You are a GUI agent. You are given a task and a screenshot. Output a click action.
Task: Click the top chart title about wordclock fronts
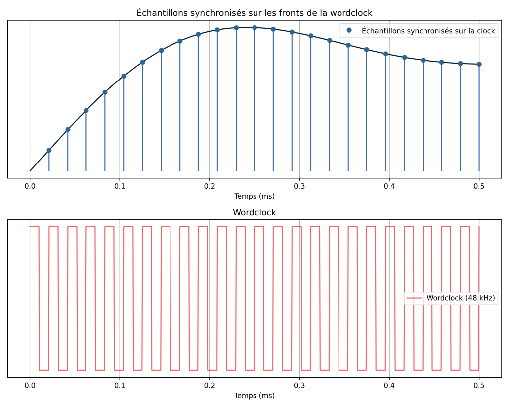click(x=254, y=13)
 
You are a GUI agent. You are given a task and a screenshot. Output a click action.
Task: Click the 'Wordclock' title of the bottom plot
click(x=254, y=212)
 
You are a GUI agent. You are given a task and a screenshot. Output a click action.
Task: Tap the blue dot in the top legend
click(x=349, y=31)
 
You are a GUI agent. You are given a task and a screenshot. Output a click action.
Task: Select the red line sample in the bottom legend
click(x=414, y=298)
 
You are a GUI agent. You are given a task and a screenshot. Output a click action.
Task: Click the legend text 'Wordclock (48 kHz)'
click(x=461, y=298)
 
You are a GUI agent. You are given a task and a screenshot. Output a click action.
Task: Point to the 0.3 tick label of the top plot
click(x=299, y=186)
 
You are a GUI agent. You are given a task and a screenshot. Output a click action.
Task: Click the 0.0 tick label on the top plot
click(x=30, y=186)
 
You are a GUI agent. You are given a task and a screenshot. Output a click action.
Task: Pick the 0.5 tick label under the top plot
click(x=479, y=186)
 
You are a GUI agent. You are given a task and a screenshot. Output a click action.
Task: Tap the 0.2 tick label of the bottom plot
click(x=209, y=386)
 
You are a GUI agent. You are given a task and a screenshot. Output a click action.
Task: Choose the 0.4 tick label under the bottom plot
click(x=389, y=386)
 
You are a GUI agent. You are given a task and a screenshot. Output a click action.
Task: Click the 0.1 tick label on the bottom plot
click(x=120, y=386)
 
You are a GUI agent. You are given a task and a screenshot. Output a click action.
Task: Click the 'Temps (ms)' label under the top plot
click(x=254, y=196)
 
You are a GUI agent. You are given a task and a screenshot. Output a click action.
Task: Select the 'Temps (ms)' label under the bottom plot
click(x=254, y=396)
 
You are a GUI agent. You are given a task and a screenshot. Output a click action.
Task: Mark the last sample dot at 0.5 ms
click(x=479, y=64)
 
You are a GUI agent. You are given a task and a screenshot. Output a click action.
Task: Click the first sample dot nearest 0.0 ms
click(x=49, y=150)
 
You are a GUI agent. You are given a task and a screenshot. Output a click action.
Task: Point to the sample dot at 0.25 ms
click(x=254, y=28)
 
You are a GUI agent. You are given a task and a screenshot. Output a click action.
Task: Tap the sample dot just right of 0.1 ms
click(x=124, y=76)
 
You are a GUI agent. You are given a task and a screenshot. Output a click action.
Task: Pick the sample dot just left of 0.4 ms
click(x=385, y=54)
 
